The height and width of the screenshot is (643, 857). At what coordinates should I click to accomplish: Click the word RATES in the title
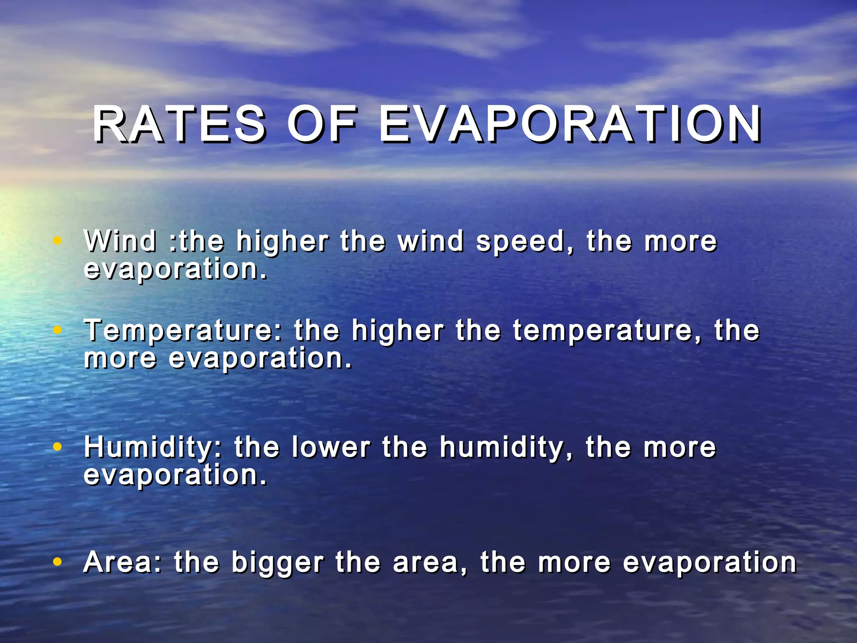[179, 124]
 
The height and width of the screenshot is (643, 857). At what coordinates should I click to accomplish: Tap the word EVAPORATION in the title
[570, 124]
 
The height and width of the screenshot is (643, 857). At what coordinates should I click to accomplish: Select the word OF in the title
[322, 124]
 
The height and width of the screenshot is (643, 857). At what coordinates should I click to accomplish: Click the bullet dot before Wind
[58, 240]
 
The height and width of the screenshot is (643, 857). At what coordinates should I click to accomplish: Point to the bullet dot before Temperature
[58, 330]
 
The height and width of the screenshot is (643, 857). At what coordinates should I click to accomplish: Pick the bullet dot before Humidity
[58, 447]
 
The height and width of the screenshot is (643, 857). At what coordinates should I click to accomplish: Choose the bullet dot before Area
[58, 561]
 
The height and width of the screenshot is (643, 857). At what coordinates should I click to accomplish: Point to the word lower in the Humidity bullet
[331, 447]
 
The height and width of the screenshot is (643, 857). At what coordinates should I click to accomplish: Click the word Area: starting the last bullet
[122, 562]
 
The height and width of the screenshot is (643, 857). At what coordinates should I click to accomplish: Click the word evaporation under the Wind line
[175, 270]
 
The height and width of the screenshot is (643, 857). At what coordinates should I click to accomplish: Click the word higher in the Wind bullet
[282, 242]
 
